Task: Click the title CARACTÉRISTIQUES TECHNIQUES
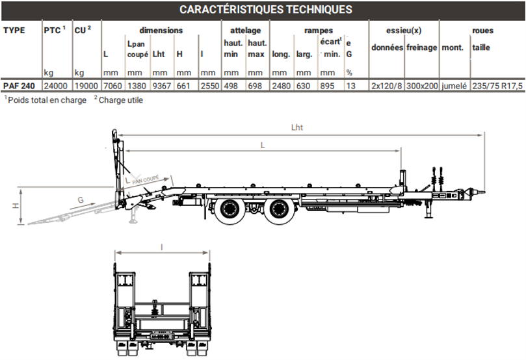click(265, 10)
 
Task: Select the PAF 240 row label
click(19, 85)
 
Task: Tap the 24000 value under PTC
click(55, 85)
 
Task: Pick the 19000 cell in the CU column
click(86, 85)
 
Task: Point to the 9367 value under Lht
click(162, 85)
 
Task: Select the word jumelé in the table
click(454, 85)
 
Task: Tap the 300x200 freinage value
click(422, 85)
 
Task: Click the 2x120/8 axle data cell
click(387, 85)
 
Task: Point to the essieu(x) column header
click(404, 30)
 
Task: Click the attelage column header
click(245, 30)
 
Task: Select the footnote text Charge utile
click(120, 100)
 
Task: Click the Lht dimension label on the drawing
click(297, 128)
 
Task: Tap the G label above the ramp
click(81, 200)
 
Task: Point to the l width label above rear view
click(161, 246)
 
